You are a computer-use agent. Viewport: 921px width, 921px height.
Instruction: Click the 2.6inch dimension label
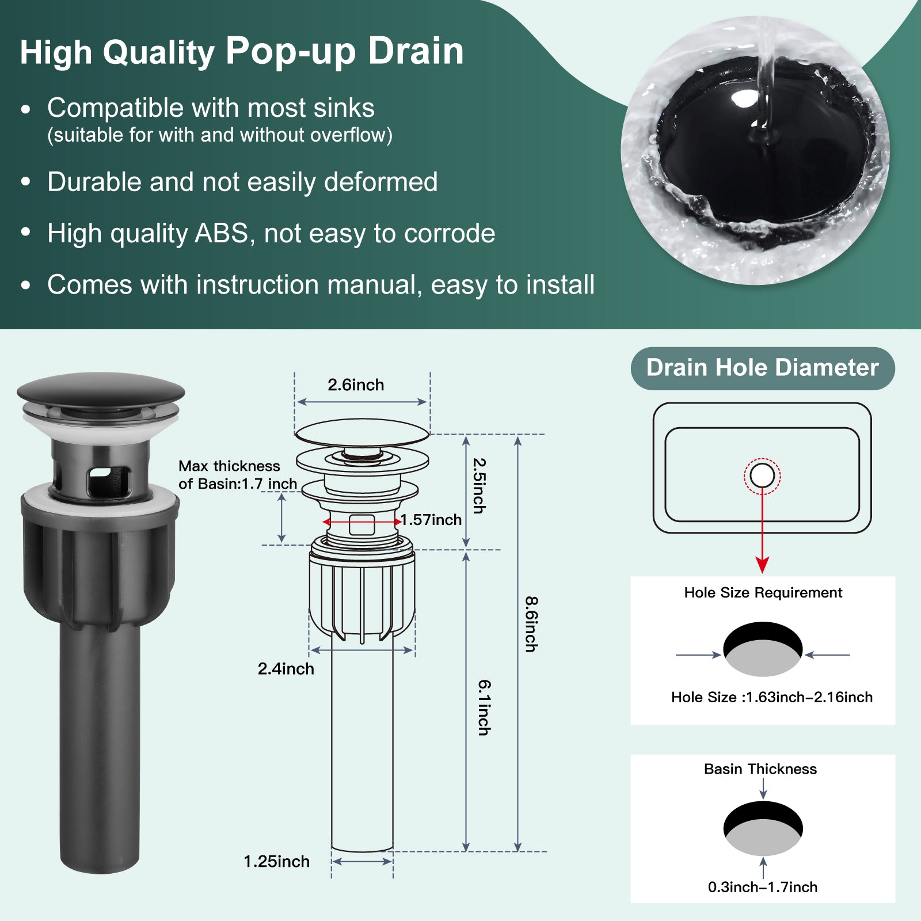click(x=356, y=385)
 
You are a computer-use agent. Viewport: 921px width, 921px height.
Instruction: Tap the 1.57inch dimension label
click(x=431, y=520)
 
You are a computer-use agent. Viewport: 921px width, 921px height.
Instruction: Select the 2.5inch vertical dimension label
click(x=479, y=485)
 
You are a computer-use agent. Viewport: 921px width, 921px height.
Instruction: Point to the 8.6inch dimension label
click(x=531, y=624)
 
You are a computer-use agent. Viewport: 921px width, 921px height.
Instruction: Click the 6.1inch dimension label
click(x=485, y=707)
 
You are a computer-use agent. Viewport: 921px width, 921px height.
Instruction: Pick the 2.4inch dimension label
click(x=286, y=669)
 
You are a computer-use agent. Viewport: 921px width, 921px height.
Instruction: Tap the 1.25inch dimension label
click(x=277, y=862)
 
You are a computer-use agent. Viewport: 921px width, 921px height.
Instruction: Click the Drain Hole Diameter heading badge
click(x=763, y=368)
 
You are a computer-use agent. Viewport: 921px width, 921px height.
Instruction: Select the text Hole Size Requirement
click(x=763, y=593)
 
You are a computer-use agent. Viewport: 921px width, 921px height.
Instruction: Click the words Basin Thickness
click(x=760, y=769)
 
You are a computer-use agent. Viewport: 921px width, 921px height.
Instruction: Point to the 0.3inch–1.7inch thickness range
click(x=763, y=887)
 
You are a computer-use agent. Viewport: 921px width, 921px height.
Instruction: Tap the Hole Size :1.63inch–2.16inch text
click(x=772, y=697)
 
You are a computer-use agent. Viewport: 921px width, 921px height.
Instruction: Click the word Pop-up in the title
click(x=291, y=52)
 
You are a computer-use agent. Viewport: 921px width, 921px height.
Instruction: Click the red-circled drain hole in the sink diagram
click(x=762, y=476)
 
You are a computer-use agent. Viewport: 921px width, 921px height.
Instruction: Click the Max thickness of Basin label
click(x=238, y=475)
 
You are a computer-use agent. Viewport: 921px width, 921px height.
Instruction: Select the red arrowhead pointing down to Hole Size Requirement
click(x=763, y=564)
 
